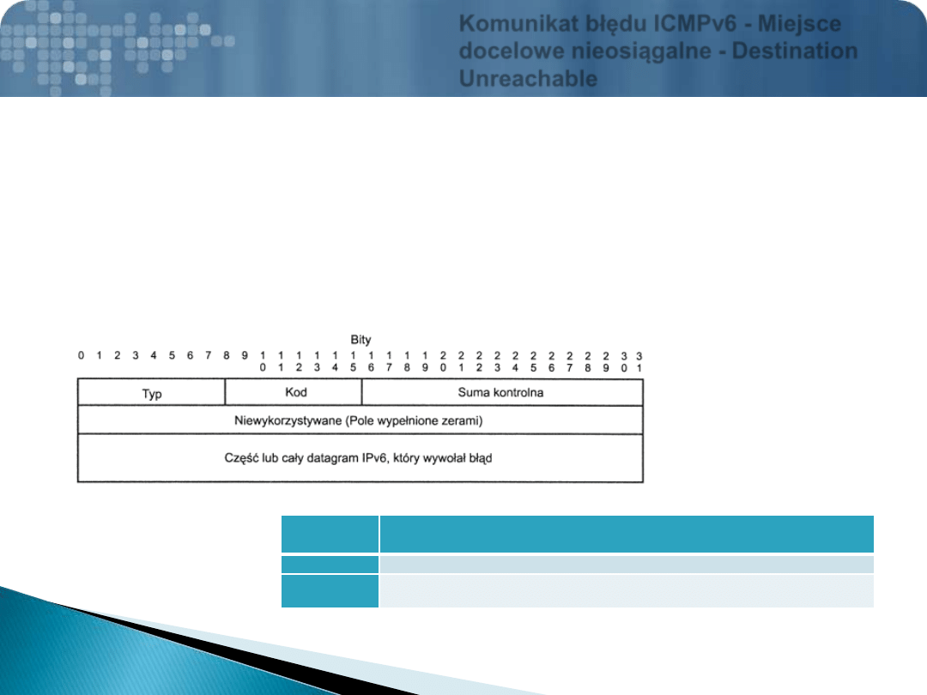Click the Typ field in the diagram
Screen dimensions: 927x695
(x=151, y=392)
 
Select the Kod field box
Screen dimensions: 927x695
(x=294, y=392)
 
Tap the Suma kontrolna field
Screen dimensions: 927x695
(x=502, y=392)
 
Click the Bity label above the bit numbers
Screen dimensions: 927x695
(x=360, y=340)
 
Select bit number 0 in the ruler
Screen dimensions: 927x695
(x=81, y=355)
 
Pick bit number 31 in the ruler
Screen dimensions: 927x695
(x=639, y=362)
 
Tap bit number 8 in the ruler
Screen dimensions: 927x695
(x=227, y=355)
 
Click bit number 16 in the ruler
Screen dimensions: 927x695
(x=371, y=362)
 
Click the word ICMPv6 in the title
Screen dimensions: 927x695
(x=695, y=24)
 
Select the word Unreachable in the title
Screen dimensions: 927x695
(x=528, y=79)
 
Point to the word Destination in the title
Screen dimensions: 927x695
(x=795, y=51)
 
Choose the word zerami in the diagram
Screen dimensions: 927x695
(x=463, y=420)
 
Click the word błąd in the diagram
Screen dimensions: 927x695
(x=481, y=458)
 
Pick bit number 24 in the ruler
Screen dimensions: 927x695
(x=515, y=362)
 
